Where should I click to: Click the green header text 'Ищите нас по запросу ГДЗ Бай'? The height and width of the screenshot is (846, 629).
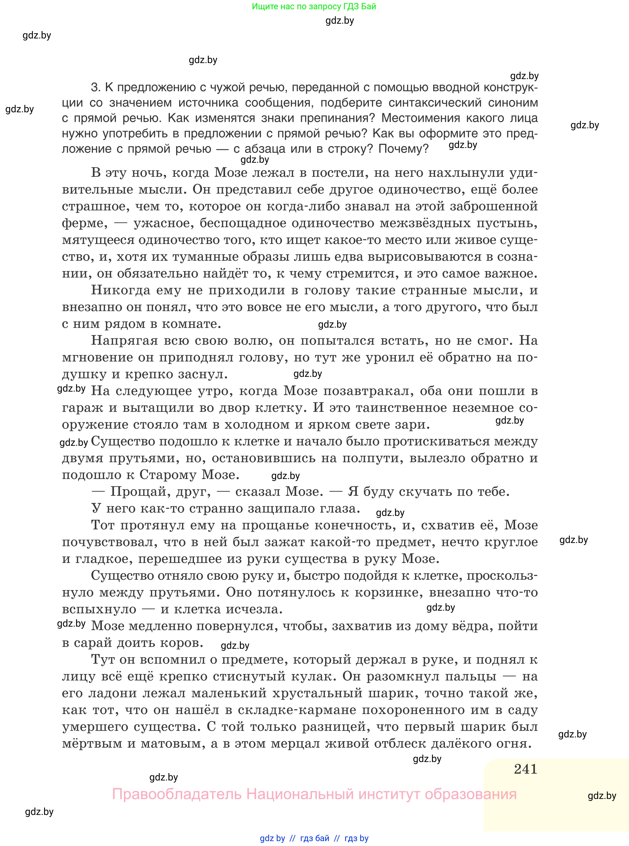[314, 6]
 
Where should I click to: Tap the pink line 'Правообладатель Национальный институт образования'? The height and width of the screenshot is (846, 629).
[314, 794]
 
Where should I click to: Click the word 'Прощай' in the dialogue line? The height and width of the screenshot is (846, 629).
[132, 492]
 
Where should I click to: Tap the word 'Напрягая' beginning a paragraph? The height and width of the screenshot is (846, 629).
[124, 341]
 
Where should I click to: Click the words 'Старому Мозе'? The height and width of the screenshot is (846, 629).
[189, 475]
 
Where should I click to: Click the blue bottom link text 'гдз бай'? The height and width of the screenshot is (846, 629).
[315, 838]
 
